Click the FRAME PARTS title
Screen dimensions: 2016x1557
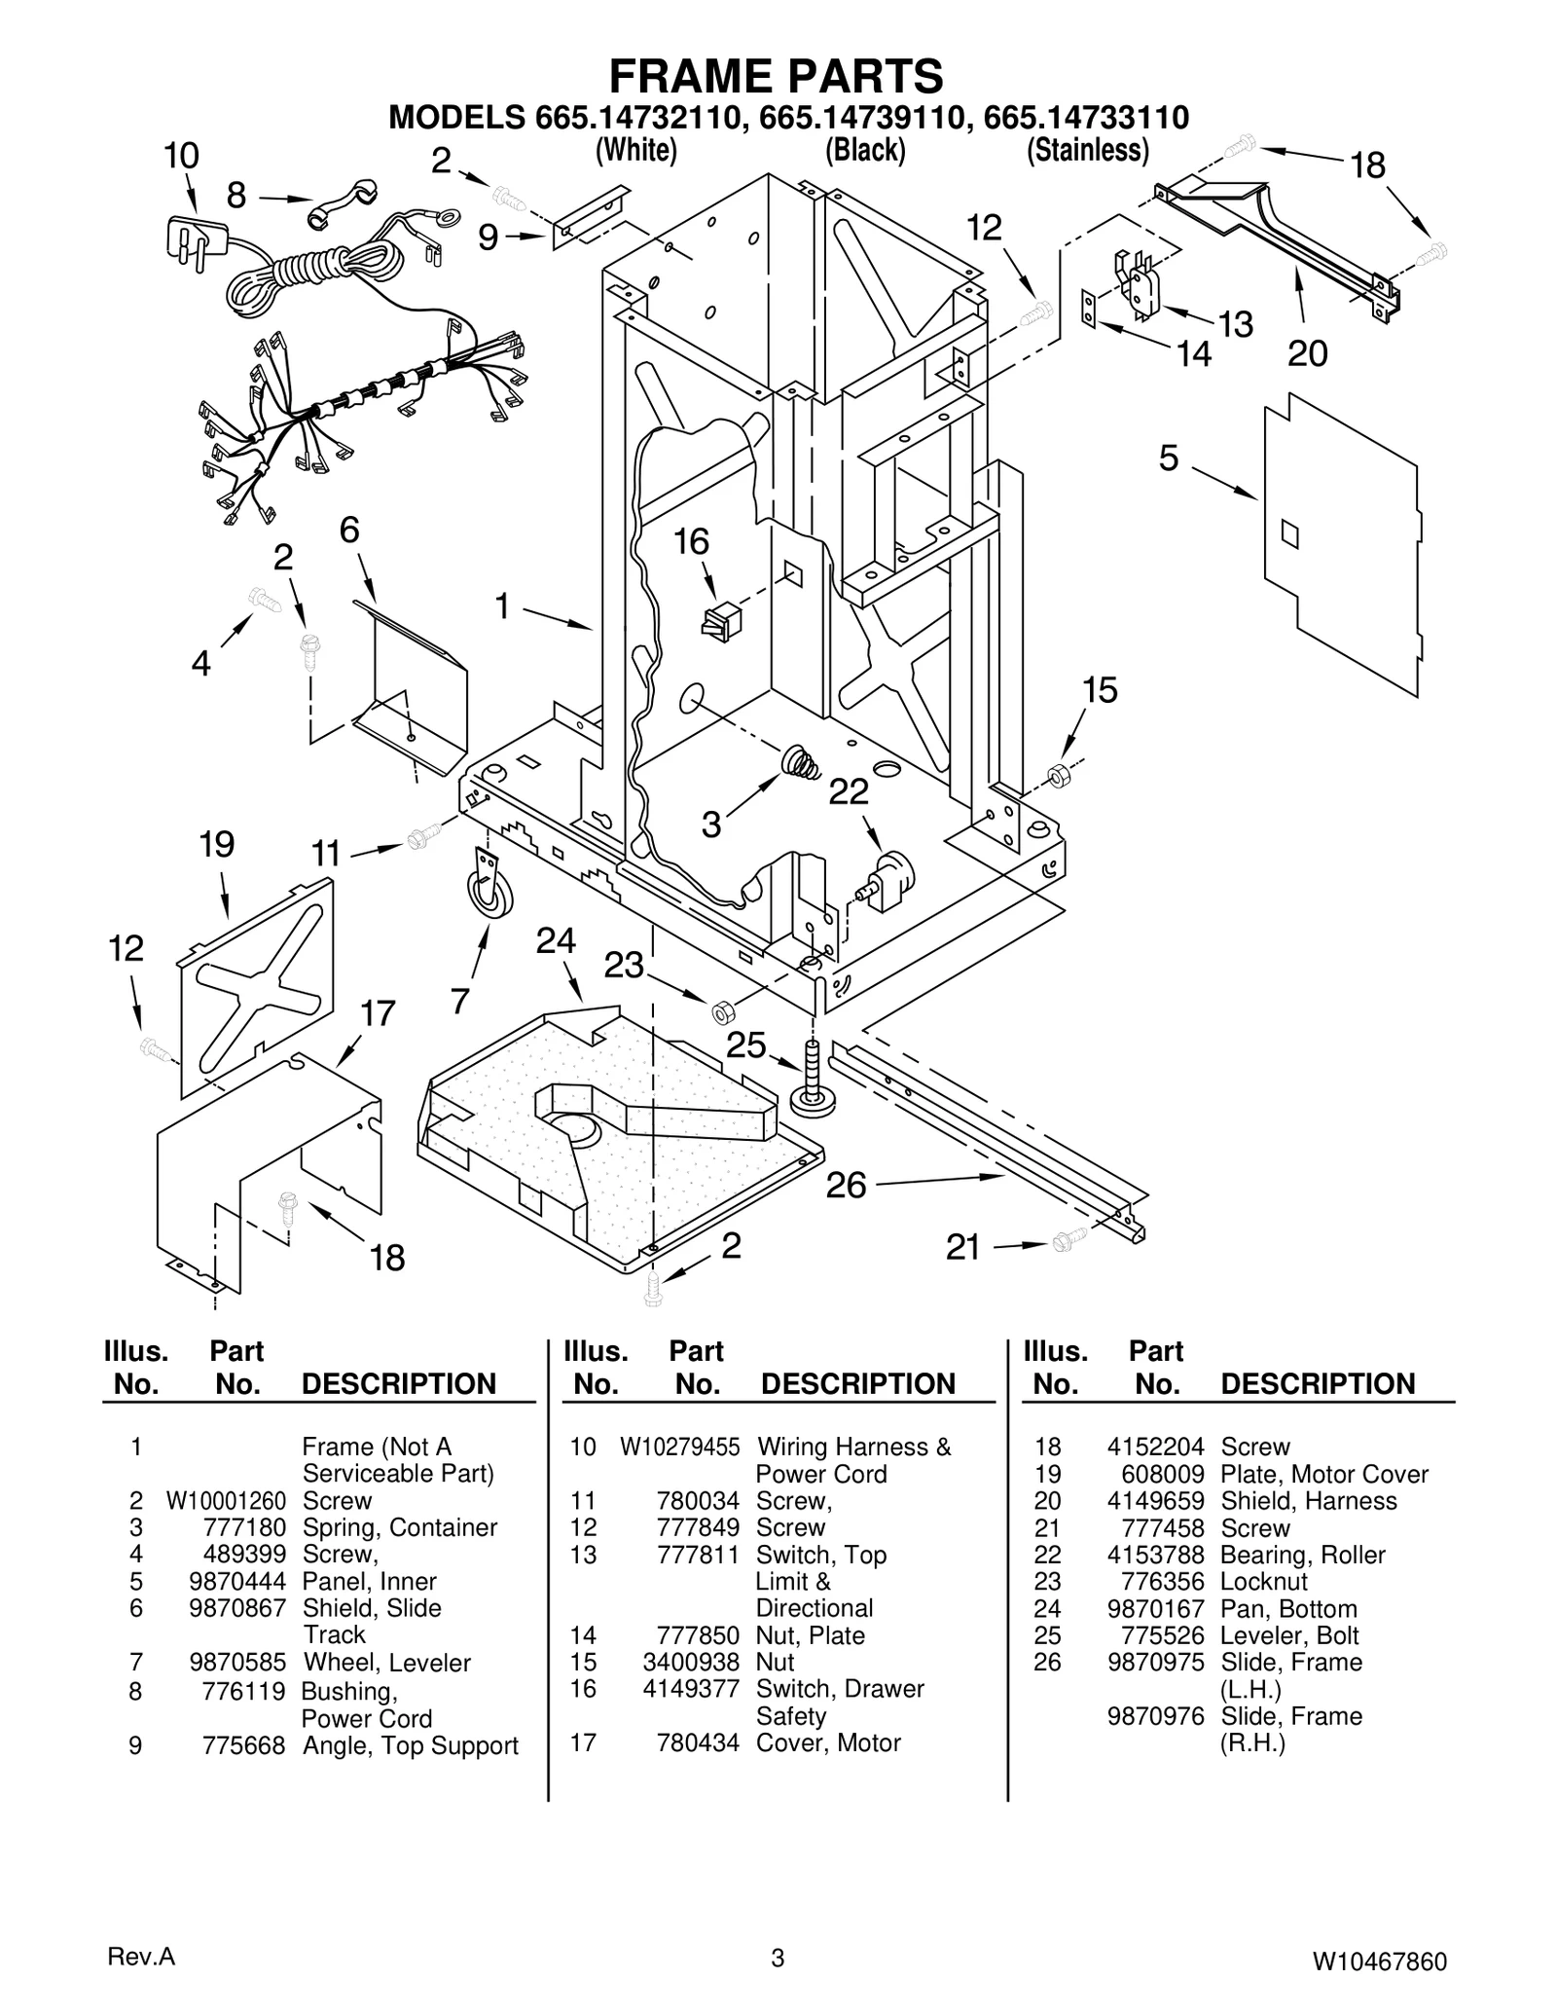click(776, 76)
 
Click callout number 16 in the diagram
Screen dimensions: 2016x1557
click(692, 541)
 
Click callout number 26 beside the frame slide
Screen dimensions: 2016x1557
click(846, 1185)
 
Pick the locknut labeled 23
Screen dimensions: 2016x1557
click(721, 1012)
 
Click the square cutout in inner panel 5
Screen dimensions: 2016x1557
click(1289, 533)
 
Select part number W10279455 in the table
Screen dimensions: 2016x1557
click(679, 1447)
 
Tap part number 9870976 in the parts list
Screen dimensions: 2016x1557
click(1155, 1716)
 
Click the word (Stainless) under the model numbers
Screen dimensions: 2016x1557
click(1088, 150)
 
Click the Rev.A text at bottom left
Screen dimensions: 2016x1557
click(141, 1958)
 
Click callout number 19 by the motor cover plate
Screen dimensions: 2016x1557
click(217, 844)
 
